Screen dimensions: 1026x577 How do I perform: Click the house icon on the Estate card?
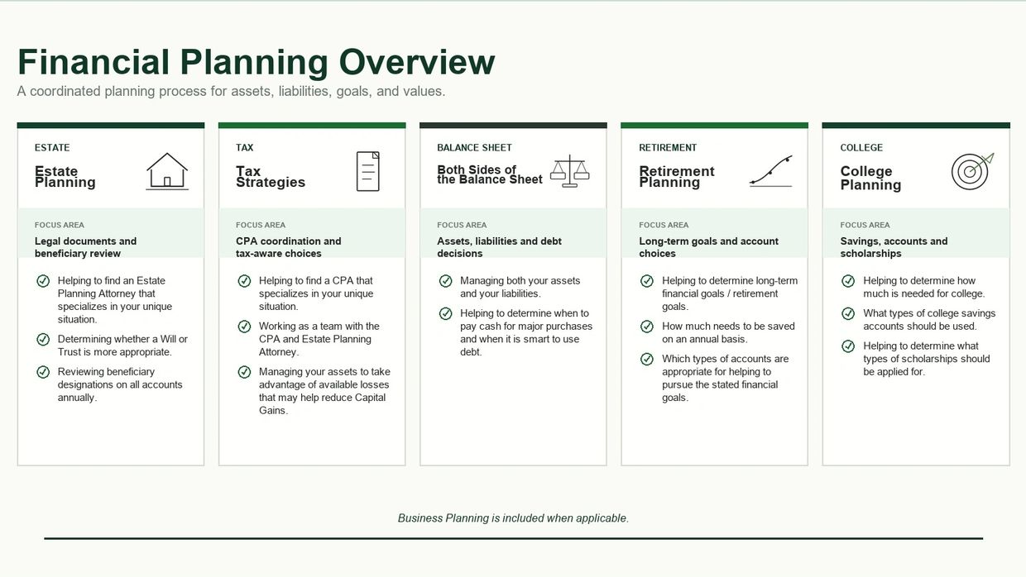click(x=167, y=171)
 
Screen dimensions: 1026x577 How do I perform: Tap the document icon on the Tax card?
click(x=368, y=171)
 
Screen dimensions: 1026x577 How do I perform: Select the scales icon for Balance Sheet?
click(x=570, y=171)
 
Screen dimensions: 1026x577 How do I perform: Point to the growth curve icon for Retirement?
click(x=771, y=171)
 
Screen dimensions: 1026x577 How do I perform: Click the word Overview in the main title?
click(x=417, y=62)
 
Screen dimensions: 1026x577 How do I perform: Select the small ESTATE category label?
click(x=52, y=148)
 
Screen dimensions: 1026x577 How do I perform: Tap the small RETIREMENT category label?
click(x=668, y=148)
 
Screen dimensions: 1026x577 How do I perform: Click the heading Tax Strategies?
click(x=271, y=177)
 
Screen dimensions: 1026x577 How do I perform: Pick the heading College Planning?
click(x=870, y=178)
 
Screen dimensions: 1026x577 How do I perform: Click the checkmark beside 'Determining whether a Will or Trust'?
click(x=43, y=339)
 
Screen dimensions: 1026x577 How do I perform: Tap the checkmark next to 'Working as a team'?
click(x=244, y=327)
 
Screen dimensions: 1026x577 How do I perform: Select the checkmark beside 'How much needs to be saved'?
click(x=647, y=327)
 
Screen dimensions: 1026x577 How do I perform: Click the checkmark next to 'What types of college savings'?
click(x=848, y=313)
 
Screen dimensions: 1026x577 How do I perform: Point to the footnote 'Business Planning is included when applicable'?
click(x=513, y=518)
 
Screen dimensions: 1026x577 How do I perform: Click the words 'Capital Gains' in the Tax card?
click(x=322, y=404)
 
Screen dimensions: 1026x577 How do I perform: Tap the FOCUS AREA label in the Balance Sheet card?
click(x=462, y=225)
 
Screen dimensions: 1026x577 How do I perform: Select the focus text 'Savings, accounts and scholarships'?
click(x=894, y=247)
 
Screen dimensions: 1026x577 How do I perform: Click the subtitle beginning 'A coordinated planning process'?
click(x=231, y=92)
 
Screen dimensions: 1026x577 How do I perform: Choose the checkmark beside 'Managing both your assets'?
click(x=446, y=281)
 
